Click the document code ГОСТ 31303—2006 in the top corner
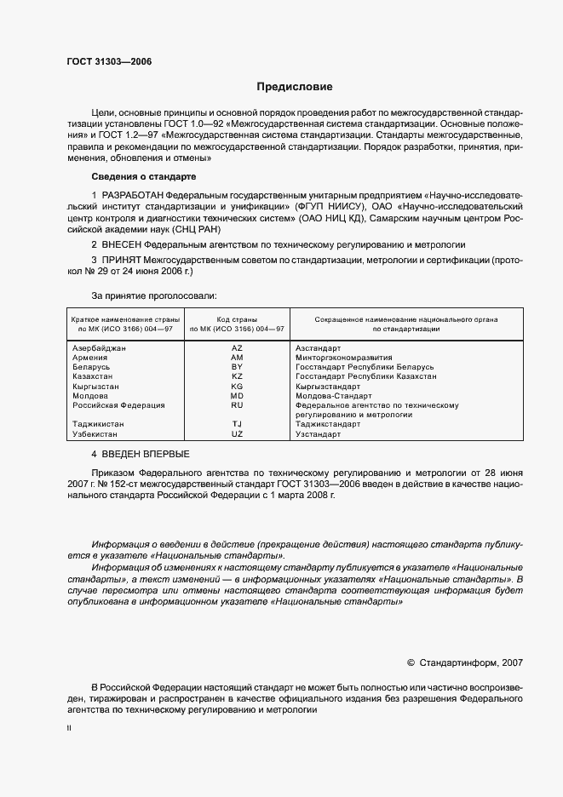109,61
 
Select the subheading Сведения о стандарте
143,176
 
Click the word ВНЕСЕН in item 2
126,244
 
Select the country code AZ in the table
237,348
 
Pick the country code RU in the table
237,405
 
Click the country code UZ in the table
237,433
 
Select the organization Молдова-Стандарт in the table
333,396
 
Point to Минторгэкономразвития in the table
344,358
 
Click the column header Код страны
238,318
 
